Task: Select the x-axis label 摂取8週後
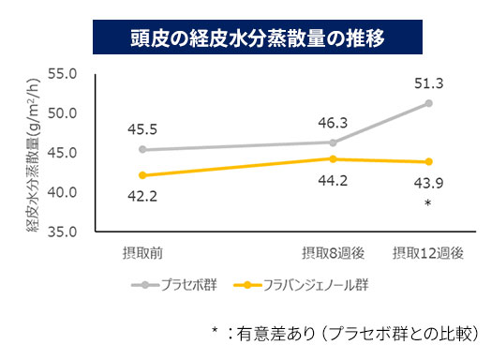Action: tap(334, 253)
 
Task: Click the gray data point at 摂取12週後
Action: tap(429, 102)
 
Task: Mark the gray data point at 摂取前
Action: tap(142, 149)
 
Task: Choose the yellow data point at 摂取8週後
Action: tap(334, 158)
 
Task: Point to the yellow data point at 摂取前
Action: tap(142, 175)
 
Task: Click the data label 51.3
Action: tap(428, 83)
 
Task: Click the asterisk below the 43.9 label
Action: tap(428, 202)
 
